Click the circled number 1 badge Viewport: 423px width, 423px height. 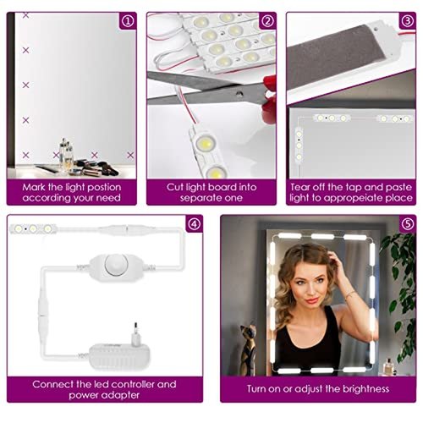tap(128, 21)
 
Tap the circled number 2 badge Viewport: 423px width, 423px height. tap(267, 21)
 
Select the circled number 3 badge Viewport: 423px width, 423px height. tap(407, 21)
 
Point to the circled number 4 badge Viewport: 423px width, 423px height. tap(195, 224)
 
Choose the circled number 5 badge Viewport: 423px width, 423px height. tap(408, 224)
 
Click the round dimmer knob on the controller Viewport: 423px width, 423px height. tap(117, 265)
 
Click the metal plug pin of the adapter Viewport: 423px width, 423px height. tap(136, 327)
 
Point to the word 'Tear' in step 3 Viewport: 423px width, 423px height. tap(300, 187)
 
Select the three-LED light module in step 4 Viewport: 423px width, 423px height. tap(34, 228)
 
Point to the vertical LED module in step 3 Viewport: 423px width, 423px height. tap(299, 146)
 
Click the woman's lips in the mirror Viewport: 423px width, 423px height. tap(312, 300)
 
